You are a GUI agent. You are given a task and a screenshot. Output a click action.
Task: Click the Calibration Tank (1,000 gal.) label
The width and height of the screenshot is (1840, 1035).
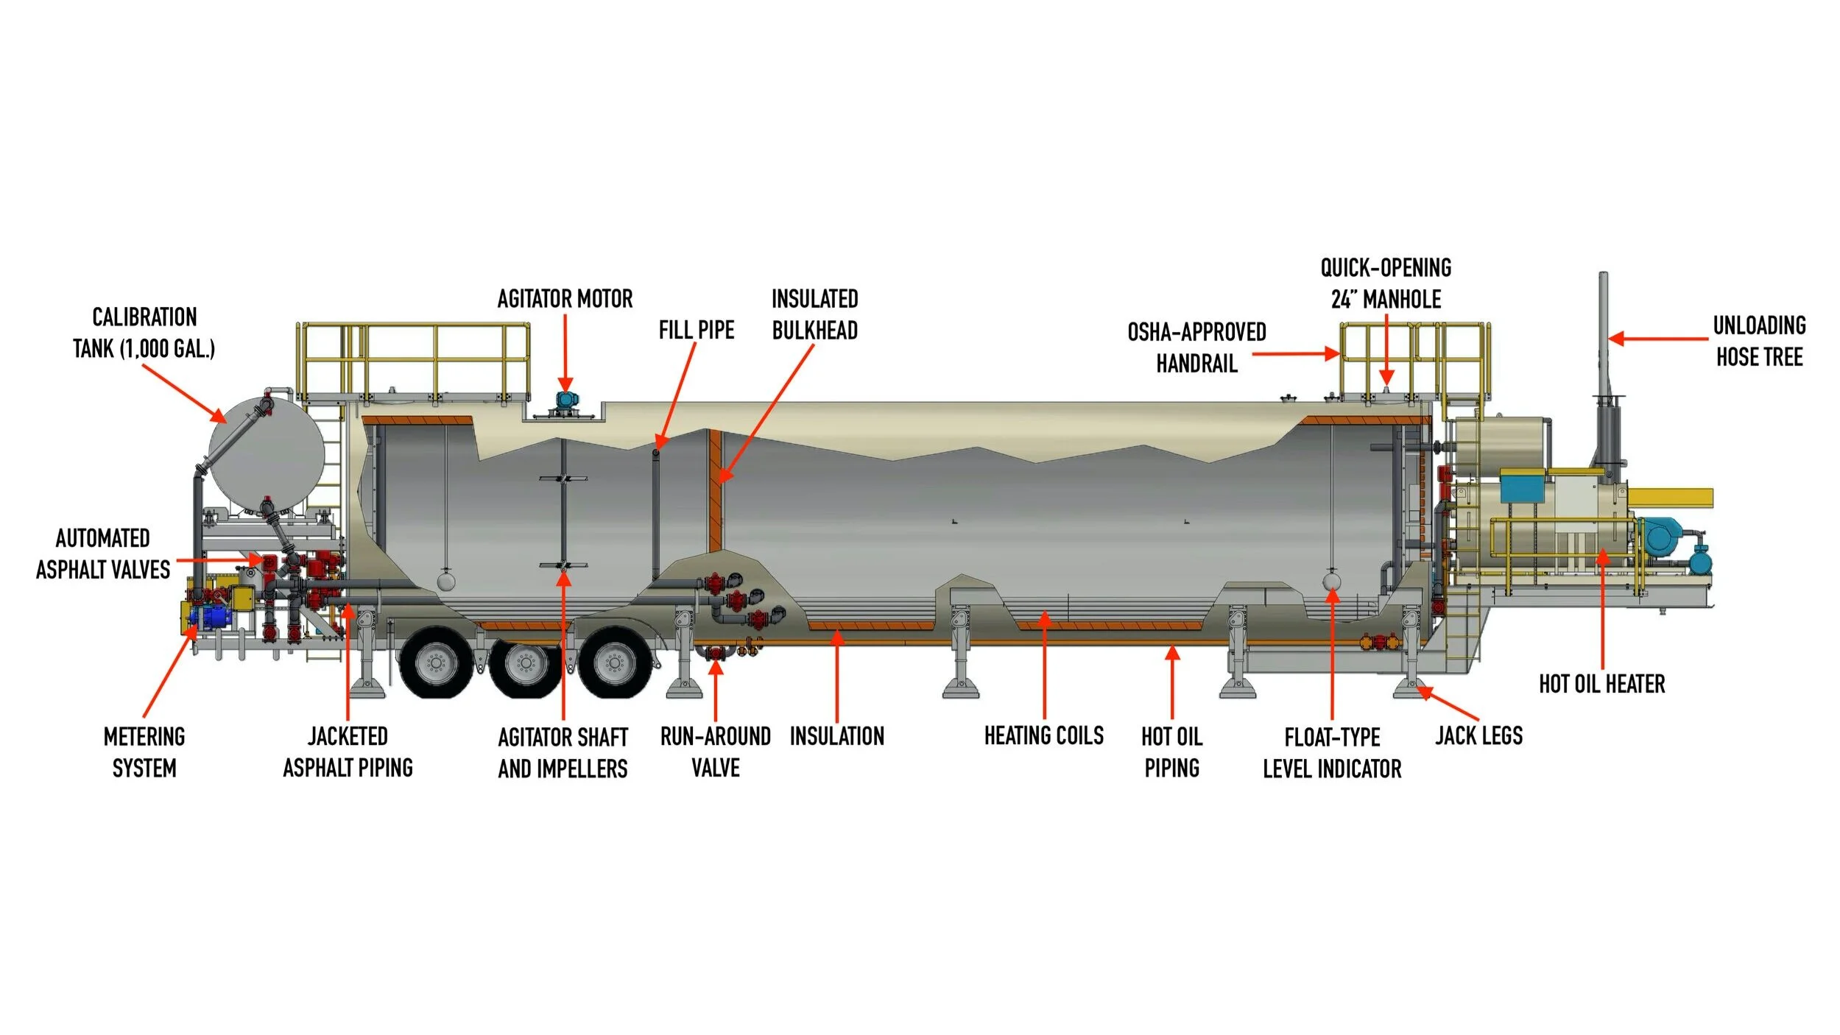coord(144,333)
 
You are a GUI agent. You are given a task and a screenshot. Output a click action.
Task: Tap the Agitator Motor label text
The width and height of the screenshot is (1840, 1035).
coord(565,299)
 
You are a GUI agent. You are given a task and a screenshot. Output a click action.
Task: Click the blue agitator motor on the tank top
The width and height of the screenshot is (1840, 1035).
coord(565,400)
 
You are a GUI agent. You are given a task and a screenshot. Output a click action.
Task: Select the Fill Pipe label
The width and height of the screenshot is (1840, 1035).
coord(697,330)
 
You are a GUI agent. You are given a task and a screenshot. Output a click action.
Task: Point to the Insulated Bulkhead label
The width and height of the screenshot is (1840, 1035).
coord(815,314)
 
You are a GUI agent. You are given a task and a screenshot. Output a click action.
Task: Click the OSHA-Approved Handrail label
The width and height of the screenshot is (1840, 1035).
coord(1196,347)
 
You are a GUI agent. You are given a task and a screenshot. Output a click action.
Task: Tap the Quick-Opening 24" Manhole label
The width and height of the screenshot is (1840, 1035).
coord(1386,283)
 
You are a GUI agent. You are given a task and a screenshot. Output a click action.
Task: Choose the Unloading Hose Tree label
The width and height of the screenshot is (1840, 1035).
coord(1759,341)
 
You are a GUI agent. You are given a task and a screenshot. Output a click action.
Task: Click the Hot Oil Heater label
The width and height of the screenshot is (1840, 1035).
coord(1601,684)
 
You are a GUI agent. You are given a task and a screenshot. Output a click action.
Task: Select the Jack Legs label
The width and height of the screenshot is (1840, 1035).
coord(1478,735)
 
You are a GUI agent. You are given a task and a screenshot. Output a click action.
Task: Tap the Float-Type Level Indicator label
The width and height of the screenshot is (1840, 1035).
coord(1332,753)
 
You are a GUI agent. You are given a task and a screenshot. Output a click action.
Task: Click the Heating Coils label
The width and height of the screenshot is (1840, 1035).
coord(1044,735)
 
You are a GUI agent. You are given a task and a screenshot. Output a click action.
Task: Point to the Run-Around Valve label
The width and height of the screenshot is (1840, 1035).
coord(716,752)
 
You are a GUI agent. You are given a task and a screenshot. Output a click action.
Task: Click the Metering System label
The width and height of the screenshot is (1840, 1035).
coord(144,752)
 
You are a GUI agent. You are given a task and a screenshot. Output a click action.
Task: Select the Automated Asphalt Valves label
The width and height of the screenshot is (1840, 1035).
coord(103,554)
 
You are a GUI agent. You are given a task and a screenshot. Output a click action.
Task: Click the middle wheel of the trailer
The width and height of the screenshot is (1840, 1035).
coord(525,664)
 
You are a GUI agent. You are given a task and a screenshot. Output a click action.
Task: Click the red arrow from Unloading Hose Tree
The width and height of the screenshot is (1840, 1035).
coord(1658,339)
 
